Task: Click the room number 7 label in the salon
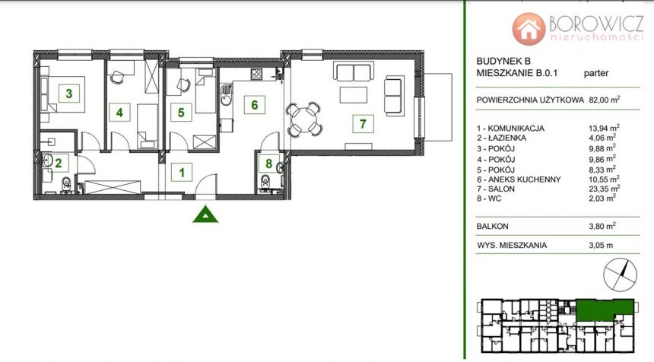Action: [x=363, y=123]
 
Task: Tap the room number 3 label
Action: [x=68, y=93]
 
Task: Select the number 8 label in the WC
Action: [x=269, y=163]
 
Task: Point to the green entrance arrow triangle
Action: [x=205, y=214]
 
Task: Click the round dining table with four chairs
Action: [x=303, y=119]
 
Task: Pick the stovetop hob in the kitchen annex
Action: [x=256, y=75]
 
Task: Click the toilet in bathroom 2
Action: [x=66, y=184]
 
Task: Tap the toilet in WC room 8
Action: [x=265, y=182]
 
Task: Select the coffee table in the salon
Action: [x=354, y=94]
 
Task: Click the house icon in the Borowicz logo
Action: [x=529, y=29]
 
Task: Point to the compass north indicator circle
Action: [x=621, y=275]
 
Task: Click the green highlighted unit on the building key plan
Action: [x=605, y=309]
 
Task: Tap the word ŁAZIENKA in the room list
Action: [x=506, y=138]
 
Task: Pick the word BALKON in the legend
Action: [x=493, y=227]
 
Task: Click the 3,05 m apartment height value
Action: [x=601, y=245]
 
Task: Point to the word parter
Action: [x=596, y=74]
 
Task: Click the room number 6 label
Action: [x=255, y=105]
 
